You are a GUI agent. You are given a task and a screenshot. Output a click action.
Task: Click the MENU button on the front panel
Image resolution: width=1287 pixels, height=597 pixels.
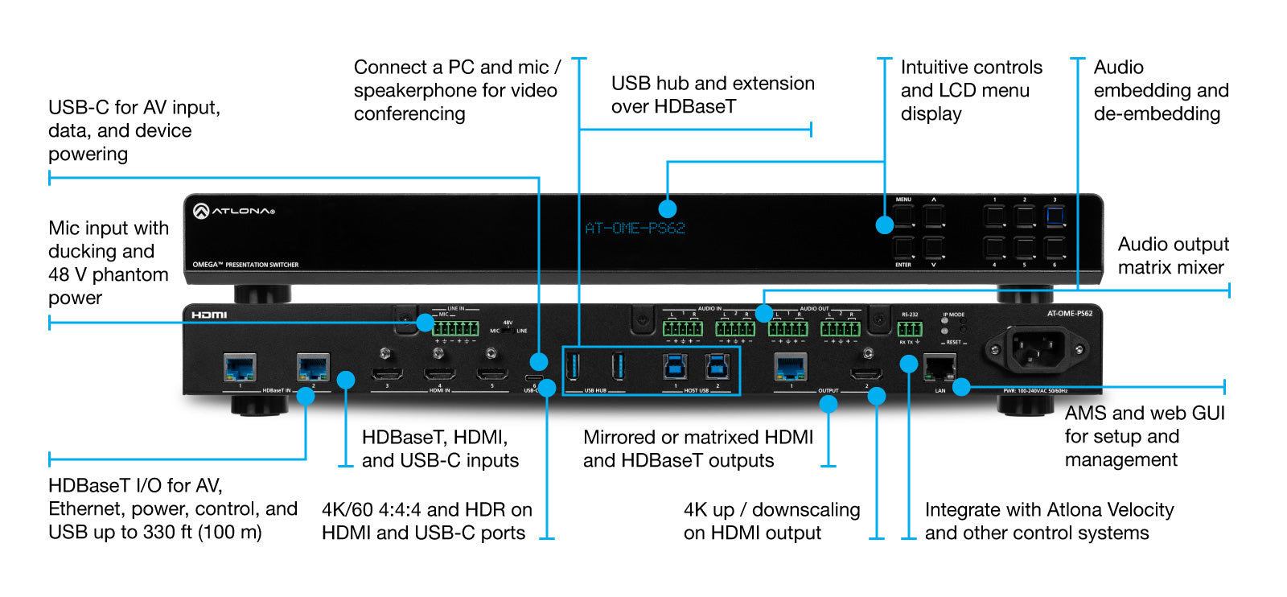pyautogui.click(x=903, y=216)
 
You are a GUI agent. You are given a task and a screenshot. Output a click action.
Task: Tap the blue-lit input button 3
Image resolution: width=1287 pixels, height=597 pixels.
pyautogui.click(x=1055, y=216)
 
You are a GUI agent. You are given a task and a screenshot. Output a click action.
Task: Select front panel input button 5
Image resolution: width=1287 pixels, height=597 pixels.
pyautogui.click(x=1024, y=247)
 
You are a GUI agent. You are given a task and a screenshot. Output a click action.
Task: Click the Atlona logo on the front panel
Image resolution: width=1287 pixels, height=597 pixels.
pyautogui.click(x=234, y=211)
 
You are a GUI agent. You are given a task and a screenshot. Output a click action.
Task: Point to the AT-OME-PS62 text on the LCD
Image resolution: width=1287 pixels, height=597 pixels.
pyautogui.click(x=635, y=229)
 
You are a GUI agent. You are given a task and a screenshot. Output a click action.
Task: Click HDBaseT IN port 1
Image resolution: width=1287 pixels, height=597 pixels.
pyautogui.click(x=240, y=368)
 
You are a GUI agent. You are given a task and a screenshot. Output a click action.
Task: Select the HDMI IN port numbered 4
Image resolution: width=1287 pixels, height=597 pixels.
pyautogui.click(x=439, y=373)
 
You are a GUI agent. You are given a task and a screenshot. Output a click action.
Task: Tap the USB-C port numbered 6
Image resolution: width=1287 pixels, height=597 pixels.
pyautogui.click(x=534, y=378)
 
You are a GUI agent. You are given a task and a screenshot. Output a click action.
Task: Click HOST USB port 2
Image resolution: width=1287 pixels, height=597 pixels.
pyautogui.click(x=718, y=367)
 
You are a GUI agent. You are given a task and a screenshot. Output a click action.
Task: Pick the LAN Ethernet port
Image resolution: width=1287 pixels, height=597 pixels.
pyautogui.click(x=940, y=368)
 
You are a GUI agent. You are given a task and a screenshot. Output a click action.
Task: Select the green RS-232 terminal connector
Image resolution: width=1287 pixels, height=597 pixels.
pyautogui.click(x=910, y=328)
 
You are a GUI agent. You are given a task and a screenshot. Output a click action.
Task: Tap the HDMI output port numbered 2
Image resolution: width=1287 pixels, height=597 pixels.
pyautogui.click(x=866, y=374)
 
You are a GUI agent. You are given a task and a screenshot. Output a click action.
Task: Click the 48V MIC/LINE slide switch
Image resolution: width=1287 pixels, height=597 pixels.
pyautogui.click(x=508, y=330)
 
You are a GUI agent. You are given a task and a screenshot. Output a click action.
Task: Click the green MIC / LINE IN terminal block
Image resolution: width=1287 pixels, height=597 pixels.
pyautogui.click(x=455, y=328)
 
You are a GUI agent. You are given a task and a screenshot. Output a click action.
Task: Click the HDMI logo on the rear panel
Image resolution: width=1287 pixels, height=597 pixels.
pyautogui.click(x=209, y=315)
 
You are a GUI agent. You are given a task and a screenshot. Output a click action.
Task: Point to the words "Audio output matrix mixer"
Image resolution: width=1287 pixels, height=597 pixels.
pyautogui.click(x=1173, y=256)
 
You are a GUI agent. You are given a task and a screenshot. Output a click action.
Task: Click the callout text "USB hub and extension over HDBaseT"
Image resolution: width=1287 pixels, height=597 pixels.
pyautogui.click(x=712, y=95)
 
